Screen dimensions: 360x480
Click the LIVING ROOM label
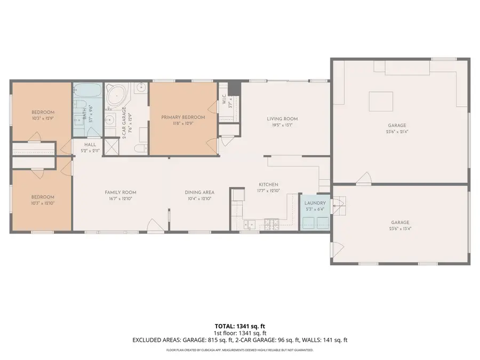tap(282, 119)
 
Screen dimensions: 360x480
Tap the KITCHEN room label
tap(268, 185)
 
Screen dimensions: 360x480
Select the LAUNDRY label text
tap(315, 203)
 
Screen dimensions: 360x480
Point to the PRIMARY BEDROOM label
tap(183, 117)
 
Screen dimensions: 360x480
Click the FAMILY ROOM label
tap(121, 193)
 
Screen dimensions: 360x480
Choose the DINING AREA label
tap(199, 193)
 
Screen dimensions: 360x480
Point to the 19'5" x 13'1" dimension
tap(282, 126)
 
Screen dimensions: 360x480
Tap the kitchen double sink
tap(248, 225)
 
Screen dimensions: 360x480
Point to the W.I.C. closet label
tap(224, 99)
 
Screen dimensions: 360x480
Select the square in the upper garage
tap(381, 101)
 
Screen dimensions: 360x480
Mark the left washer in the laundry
tap(309, 222)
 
